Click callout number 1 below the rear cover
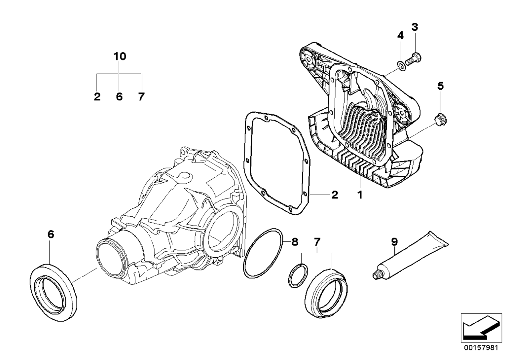pyautogui.click(x=359, y=195)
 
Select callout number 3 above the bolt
pyautogui.click(x=415, y=27)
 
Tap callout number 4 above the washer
pyautogui.click(x=400, y=36)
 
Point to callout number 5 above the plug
pyautogui.click(x=440, y=86)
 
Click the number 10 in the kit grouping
pyautogui.click(x=119, y=56)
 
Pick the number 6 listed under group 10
pyautogui.click(x=119, y=96)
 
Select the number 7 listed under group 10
pyautogui.click(x=141, y=96)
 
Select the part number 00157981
pyautogui.click(x=481, y=347)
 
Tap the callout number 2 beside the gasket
pyautogui.click(x=334, y=195)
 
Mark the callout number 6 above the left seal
pyautogui.click(x=50, y=234)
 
